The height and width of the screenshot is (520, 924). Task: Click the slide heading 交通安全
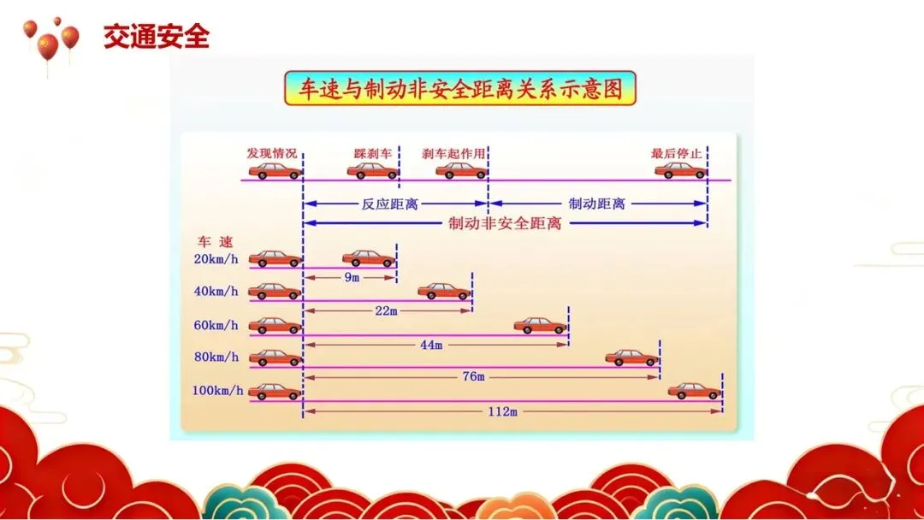156,38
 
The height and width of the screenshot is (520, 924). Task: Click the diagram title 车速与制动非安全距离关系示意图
460,88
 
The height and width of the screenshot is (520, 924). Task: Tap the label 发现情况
272,153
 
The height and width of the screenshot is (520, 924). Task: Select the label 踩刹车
373,153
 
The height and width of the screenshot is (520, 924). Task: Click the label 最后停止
677,153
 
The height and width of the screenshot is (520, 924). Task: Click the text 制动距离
597,204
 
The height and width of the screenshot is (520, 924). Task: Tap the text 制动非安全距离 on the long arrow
505,223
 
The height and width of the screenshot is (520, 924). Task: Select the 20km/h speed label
216,258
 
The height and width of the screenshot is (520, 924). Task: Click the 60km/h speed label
216,325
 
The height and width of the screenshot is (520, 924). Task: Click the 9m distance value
352,278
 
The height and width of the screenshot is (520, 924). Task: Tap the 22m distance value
387,311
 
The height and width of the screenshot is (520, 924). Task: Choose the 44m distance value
431,345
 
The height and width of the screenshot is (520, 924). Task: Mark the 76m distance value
473,377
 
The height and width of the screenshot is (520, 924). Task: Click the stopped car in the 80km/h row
632,357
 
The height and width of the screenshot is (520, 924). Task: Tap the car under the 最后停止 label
681,170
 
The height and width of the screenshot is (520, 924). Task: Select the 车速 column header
215,242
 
